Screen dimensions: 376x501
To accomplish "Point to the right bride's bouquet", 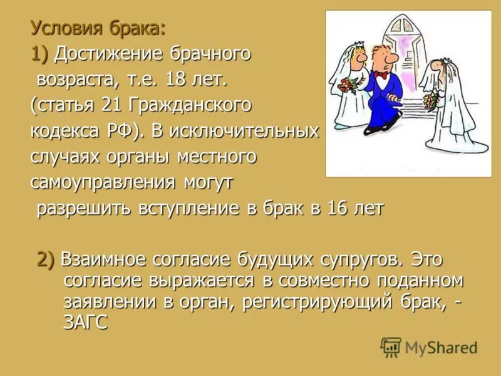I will point(429,101).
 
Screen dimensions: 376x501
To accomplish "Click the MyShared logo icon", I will point(391,347).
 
